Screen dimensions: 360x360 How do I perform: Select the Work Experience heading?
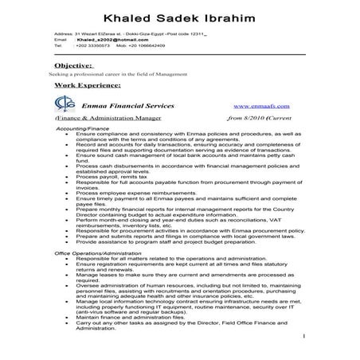[88, 83]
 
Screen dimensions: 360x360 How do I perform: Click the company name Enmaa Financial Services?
[126, 104]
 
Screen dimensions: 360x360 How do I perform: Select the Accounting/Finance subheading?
[80, 127]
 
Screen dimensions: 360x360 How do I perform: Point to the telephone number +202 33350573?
[92, 46]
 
